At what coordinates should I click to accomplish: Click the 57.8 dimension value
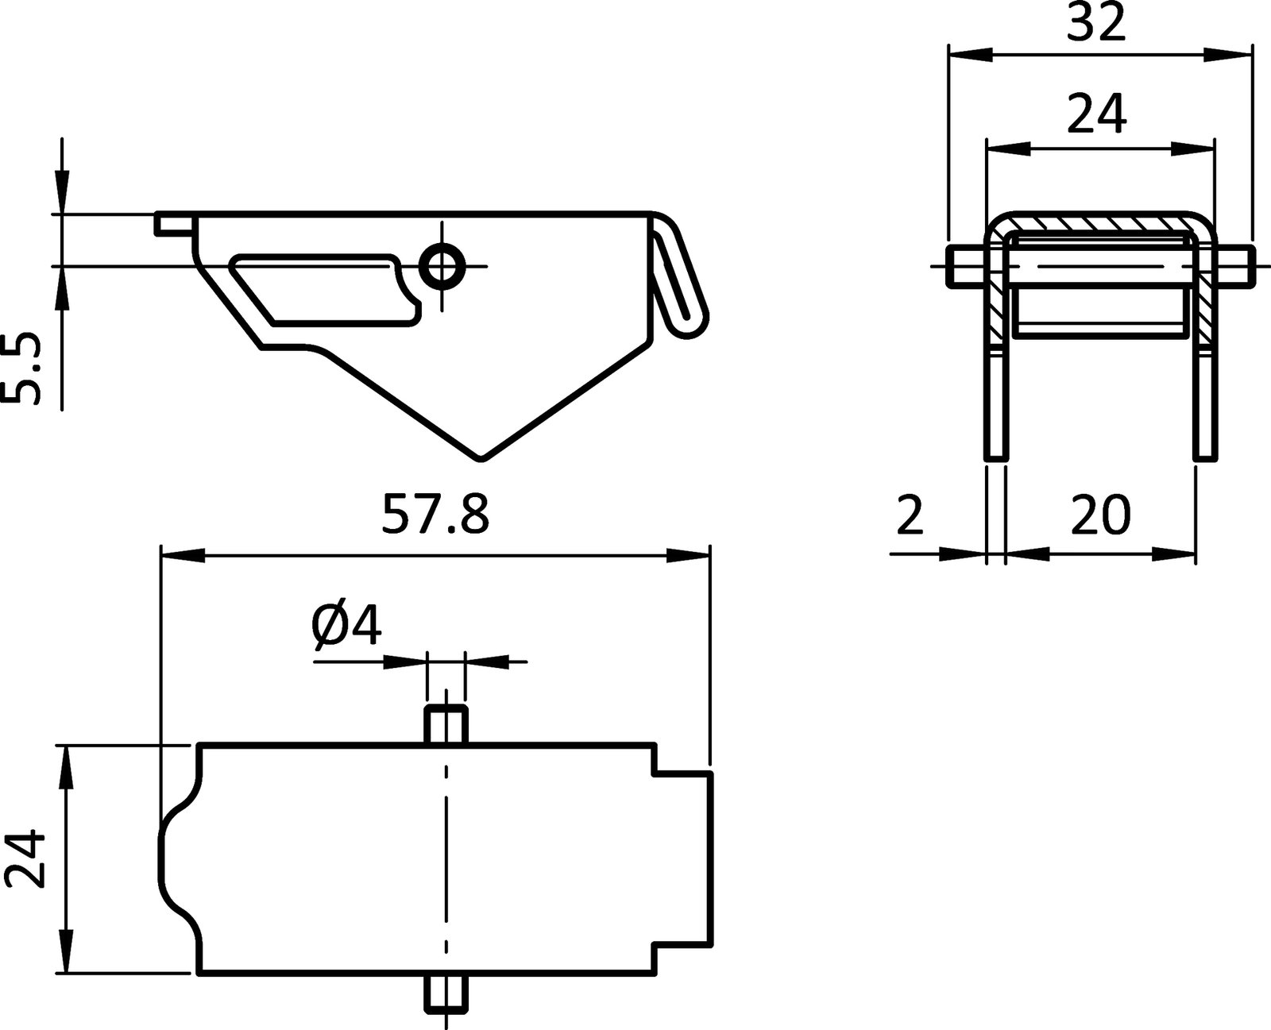pos(435,514)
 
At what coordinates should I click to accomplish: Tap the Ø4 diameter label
pos(347,627)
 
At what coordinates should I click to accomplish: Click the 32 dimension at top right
pos(1096,24)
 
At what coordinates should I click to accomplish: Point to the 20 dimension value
pos(1099,515)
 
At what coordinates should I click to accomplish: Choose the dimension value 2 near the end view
pos(910,515)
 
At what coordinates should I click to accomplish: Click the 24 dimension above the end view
pos(1096,114)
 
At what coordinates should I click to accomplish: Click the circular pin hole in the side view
pos(442,266)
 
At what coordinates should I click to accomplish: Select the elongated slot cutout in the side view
pos(322,289)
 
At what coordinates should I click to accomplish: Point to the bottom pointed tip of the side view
pos(481,456)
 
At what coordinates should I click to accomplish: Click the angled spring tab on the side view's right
pos(679,274)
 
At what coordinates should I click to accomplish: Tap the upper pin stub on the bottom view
pos(445,723)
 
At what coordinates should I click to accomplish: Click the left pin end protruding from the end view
pos(965,265)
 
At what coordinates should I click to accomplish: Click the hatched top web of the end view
pos(1099,224)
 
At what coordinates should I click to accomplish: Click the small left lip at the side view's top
pos(173,223)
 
